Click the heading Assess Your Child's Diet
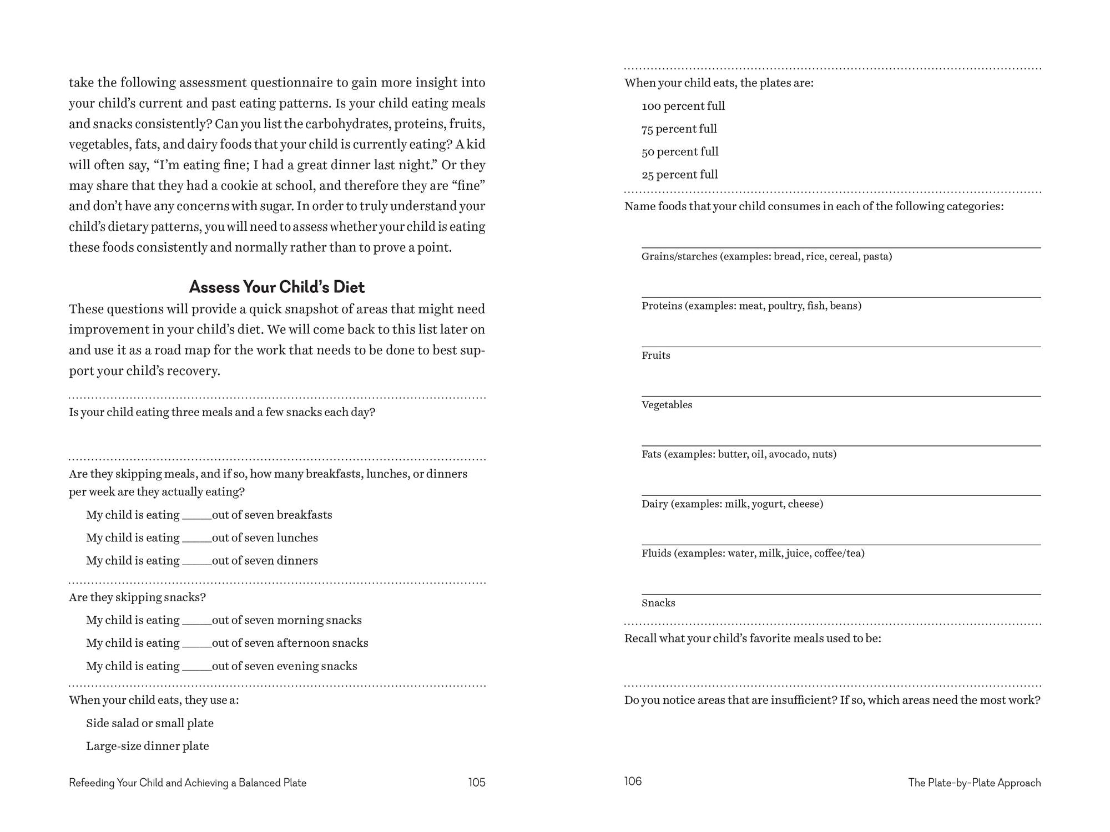(x=277, y=287)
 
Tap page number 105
(x=476, y=782)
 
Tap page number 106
(x=633, y=781)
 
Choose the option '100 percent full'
(x=683, y=106)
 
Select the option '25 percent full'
(x=679, y=175)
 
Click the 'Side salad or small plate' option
(x=150, y=723)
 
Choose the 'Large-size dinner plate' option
(x=148, y=746)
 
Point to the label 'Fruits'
(x=655, y=356)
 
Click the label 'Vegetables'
(x=667, y=405)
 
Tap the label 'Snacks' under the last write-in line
(x=658, y=603)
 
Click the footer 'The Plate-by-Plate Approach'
(x=974, y=783)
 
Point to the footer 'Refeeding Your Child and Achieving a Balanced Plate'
(x=188, y=783)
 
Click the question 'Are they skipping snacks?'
(x=137, y=597)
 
